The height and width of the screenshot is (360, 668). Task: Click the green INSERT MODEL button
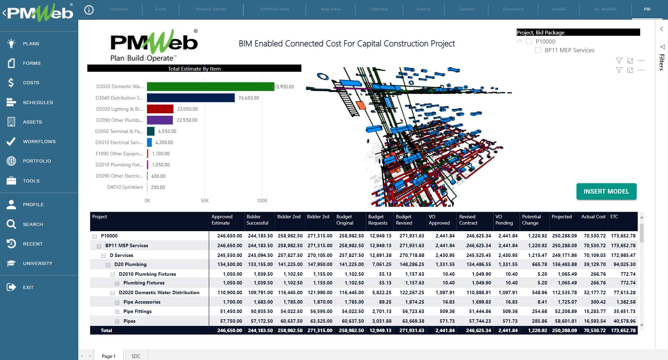point(606,191)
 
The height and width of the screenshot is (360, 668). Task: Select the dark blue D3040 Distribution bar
point(191,98)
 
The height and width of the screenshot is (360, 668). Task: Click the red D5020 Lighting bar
point(160,109)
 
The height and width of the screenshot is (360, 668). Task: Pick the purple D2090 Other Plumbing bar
point(160,120)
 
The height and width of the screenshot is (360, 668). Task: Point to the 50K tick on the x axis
point(205,201)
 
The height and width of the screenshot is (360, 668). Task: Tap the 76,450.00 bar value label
point(249,98)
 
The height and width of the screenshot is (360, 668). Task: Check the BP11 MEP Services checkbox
point(538,50)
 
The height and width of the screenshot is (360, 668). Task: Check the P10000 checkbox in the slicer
point(529,41)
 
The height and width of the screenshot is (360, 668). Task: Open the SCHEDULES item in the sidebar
point(38,102)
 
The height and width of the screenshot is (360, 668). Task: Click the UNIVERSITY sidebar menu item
point(37,263)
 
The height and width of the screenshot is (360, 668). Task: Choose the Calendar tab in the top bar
point(379,9)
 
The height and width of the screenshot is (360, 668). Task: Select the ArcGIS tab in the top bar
point(559,9)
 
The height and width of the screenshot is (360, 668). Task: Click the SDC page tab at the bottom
point(136,356)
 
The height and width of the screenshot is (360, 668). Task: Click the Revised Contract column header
point(468,220)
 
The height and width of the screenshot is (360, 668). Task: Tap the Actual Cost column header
point(593,217)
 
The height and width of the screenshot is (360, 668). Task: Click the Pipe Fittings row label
point(137,311)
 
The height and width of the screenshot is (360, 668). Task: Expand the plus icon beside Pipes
point(117,321)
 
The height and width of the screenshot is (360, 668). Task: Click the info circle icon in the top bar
point(89,10)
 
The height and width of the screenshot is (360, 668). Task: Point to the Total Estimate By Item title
point(194,69)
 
